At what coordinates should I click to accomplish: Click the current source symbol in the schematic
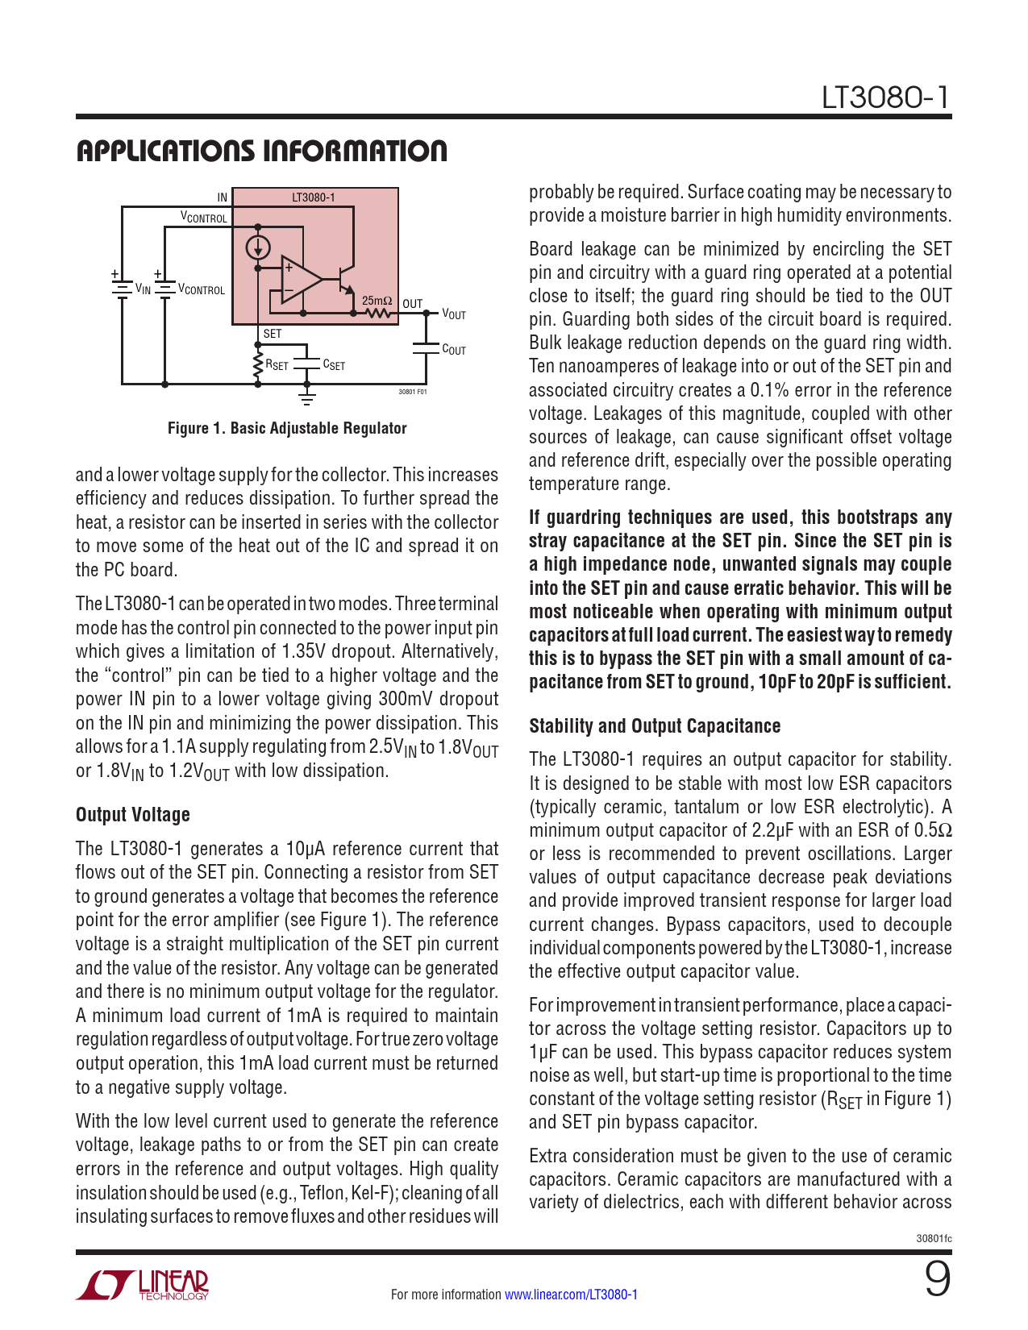(258, 247)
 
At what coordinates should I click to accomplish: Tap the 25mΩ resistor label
(377, 301)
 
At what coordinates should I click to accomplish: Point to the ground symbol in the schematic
(306, 396)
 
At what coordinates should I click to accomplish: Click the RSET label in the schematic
(277, 365)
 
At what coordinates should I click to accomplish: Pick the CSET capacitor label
(334, 365)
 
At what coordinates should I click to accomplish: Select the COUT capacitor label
(454, 350)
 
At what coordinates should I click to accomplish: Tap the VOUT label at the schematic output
(454, 314)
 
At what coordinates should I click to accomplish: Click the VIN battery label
(143, 289)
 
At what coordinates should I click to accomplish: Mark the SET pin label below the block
(273, 334)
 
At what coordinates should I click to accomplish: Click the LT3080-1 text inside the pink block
(313, 197)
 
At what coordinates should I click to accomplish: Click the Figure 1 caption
(287, 428)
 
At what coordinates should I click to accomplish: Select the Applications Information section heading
(261, 151)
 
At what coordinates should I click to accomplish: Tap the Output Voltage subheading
(133, 815)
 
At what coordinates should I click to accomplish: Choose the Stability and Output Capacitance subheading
(655, 726)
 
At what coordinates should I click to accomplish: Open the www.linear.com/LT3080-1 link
(571, 1295)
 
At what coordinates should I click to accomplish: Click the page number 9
(937, 1279)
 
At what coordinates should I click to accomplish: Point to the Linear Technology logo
(143, 1285)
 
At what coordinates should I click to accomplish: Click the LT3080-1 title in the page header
(886, 98)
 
